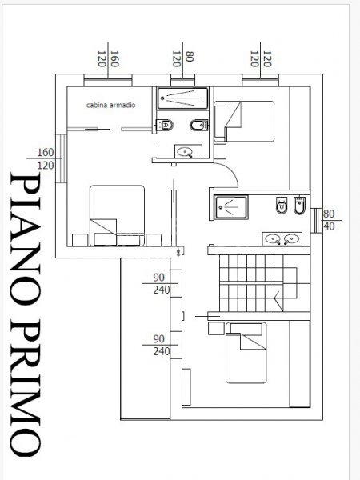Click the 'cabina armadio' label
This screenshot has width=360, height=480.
(110, 105)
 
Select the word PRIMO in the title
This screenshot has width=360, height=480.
(25, 388)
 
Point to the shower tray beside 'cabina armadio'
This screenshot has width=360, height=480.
(182, 98)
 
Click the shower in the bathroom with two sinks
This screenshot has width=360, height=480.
(231, 207)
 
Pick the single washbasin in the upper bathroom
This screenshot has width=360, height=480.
(185, 151)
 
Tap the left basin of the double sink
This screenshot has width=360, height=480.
(272, 238)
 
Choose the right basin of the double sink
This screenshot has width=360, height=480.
(292, 238)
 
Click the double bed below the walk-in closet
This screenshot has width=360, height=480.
(117, 215)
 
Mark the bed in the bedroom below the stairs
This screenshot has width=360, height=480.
(246, 352)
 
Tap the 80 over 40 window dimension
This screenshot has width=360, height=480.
(329, 220)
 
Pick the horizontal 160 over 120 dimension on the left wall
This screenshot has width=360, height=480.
(46, 158)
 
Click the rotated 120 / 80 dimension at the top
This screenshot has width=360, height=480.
(182, 58)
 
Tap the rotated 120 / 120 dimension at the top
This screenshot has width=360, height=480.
(261, 58)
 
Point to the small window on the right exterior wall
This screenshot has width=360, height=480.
(316, 221)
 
